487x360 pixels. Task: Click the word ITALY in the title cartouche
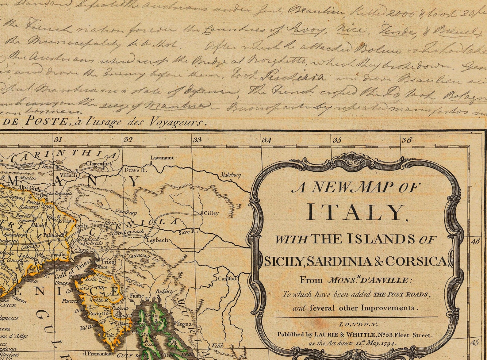pos(356,212)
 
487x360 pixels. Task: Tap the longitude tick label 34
pos(267,140)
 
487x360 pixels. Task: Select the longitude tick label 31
pos(58,140)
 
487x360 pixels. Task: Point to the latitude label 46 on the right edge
pos(475,241)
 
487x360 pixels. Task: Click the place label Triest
pos(109,262)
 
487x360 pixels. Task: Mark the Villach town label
pos(68,176)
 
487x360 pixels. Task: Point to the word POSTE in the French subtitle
pos(46,121)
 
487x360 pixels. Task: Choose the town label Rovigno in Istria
pos(98,314)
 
